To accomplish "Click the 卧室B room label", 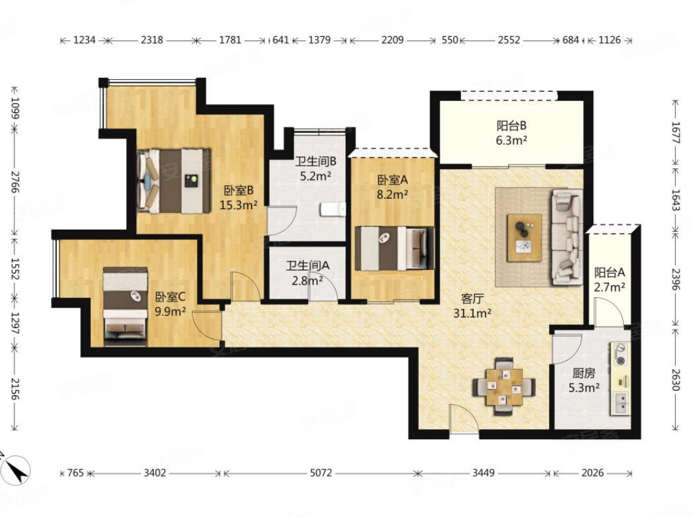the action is tap(238, 190).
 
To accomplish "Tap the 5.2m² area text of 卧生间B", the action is tap(316, 176).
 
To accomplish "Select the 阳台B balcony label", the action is tap(511, 125).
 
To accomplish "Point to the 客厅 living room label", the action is tap(472, 298).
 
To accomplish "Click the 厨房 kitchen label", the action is tap(584, 374).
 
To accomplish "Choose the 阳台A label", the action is tap(610, 272).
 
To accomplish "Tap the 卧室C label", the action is tap(170, 296).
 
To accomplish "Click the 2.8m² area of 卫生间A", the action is tap(307, 280).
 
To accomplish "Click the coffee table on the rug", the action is tap(525, 238).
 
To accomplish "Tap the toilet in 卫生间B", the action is tap(333, 209).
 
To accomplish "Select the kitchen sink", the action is tap(621, 403).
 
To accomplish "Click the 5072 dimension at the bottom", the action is tap(320, 473).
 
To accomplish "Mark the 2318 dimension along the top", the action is tap(152, 40).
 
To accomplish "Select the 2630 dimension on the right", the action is tap(675, 380).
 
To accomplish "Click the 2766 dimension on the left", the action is tap(15, 182).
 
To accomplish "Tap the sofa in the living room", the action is tap(566, 237).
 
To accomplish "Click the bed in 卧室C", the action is tap(125, 306).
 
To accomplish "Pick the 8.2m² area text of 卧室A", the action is tap(392, 194).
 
